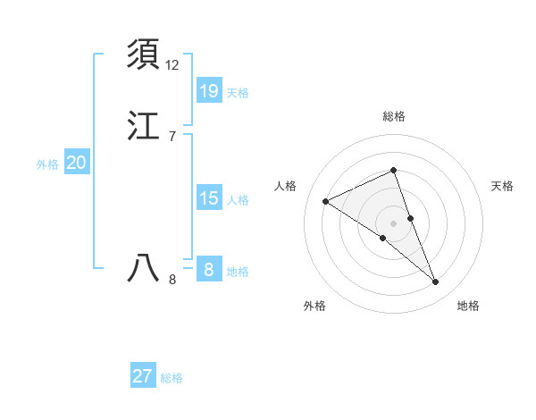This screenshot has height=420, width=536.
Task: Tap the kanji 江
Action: click(x=143, y=126)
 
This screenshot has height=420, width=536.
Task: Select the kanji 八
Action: click(x=143, y=267)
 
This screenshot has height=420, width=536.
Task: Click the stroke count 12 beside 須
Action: click(x=172, y=65)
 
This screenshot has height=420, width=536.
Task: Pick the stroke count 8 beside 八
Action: click(x=172, y=280)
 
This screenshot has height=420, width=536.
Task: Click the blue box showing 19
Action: click(x=208, y=90)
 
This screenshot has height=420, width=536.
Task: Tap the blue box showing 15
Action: click(x=208, y=198)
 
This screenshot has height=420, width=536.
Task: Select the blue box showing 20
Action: click(x=77, y=163)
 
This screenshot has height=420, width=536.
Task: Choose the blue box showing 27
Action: click(x=143, y=376)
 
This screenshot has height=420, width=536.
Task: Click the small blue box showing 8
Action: click(x=208, y=269)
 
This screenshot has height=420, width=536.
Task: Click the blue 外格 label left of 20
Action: click(x=47, y=164)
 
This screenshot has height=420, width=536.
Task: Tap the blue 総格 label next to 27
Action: click(x=172, y=378)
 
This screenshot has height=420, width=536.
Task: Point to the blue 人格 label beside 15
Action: click(x=239, y=200)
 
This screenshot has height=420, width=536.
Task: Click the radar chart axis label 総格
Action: click(x=394, y=116)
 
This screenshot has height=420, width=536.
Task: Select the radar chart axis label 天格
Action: click(x=503, y=186)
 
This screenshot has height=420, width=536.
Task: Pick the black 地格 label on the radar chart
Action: click(x=468, y=306)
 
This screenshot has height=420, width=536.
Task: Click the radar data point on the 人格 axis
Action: click(x=326, y=201)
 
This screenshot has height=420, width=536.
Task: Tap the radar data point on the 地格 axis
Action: click(x=435, y=281)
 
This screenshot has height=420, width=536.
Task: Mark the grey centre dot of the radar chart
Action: click(x=394, y=223)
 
